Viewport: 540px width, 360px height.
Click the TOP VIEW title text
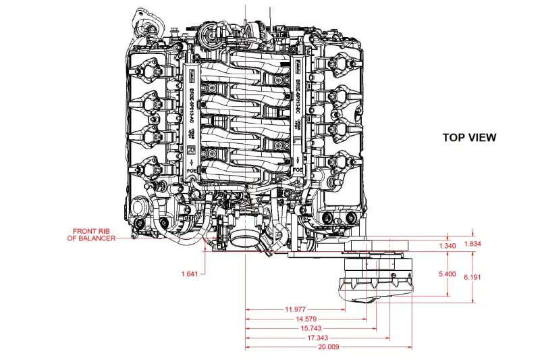pyautogui.click(x=469, y=138)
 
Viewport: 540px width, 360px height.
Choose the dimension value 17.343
pyautogui.click(x=317, y=337)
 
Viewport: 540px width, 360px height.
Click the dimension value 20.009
pyautogui.click(x=328, y=346)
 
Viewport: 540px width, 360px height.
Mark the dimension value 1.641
pyautogui.click(x=192, y=274)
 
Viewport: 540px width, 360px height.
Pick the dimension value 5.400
pyautogui.click(x=448, y=274)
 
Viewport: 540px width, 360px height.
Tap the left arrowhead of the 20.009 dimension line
pyautogui.click(x=247, y=346)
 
